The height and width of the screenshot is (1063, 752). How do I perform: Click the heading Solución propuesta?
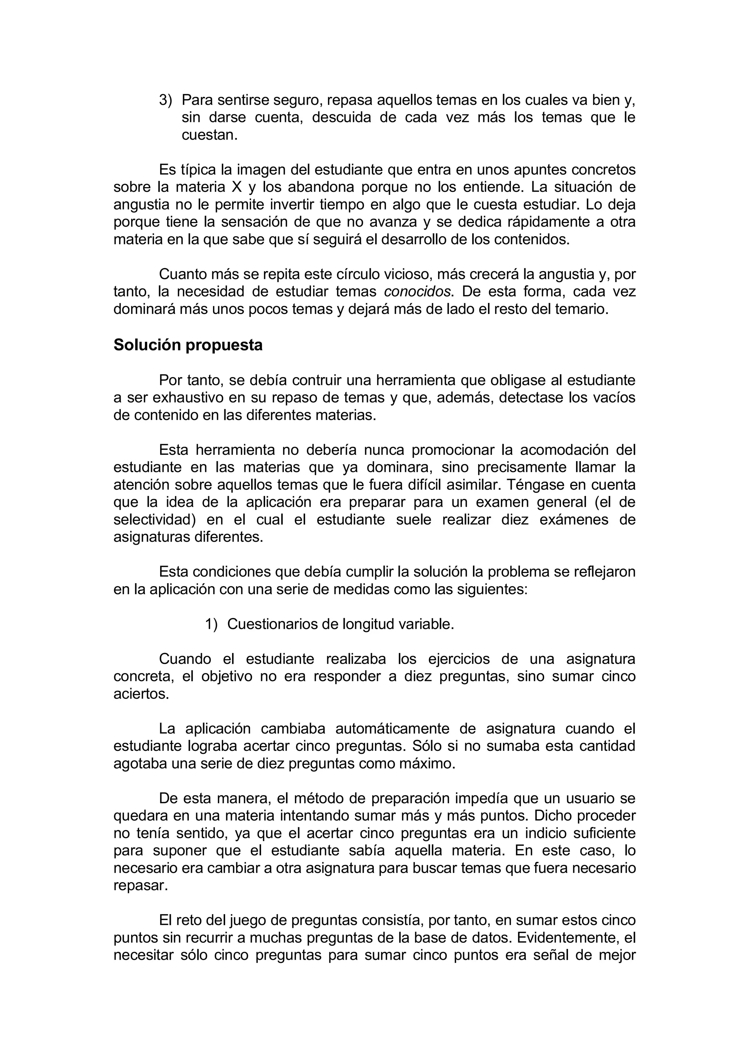[x=188, y=345]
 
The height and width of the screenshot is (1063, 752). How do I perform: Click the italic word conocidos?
[x=417, y=292]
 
